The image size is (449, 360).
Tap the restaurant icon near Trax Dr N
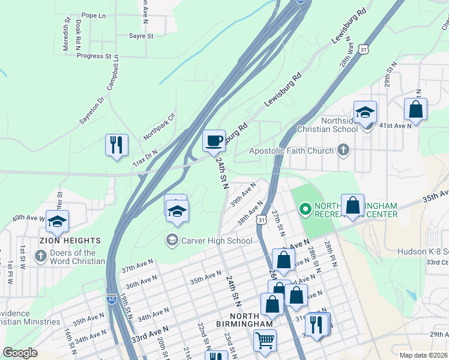[x=116, y=145]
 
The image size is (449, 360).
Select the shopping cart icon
[x=265, y=341]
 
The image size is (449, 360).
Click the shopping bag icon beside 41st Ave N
[x=415, y=110]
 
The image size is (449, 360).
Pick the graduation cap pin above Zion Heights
[x=58, y=222]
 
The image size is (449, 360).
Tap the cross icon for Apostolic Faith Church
[x=343, y=150]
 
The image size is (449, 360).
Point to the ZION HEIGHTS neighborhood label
[x=70, y=240]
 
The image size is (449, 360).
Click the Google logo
[x=20, y=353]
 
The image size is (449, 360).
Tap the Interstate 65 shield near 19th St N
[x=112, y=298]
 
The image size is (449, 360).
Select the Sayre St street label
[x=141, y=36]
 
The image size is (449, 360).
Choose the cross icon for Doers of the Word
[x=41, y=257]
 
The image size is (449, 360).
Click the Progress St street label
[x=94, y=56]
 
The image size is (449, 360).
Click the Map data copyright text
[x=423, y=355]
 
